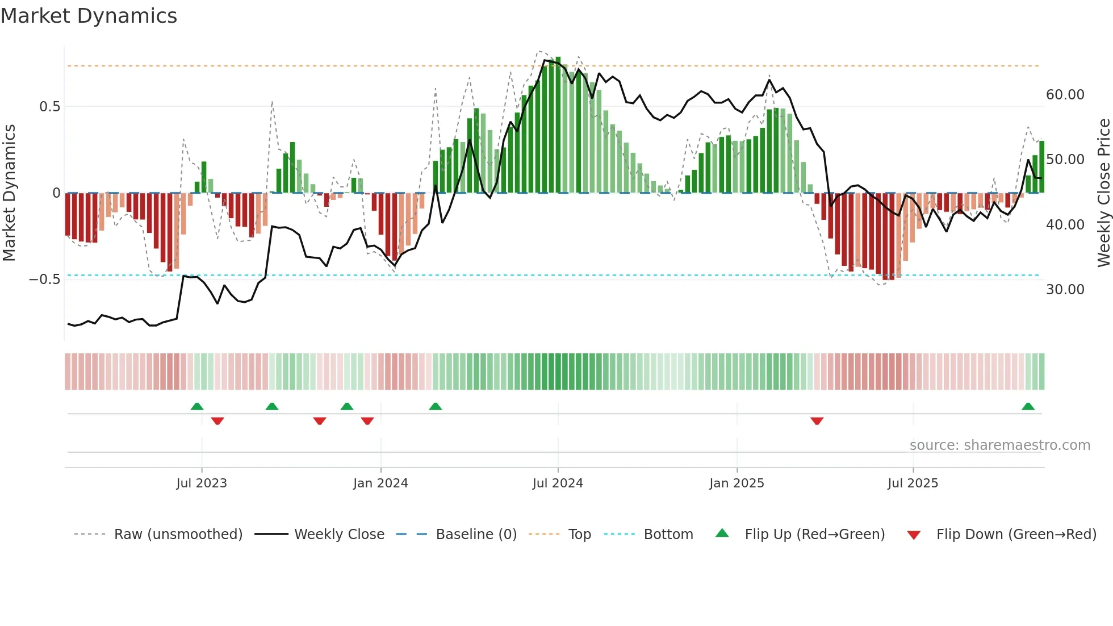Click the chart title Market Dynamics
tap(89, 16)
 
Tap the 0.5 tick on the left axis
tap(49, 107)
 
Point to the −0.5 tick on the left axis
tap(44, 279)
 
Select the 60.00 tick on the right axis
tap(1065, 95)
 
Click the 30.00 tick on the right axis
tap(1065, 290)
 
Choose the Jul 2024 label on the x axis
tap(558, 483)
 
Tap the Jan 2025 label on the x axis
tap(737, 483)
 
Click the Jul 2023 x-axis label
tap(202, 483)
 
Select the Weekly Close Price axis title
tap(1103, 193)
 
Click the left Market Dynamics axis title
tap(9, 193)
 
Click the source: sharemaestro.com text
tap(999, 445)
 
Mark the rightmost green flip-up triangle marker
tap(1028, 407)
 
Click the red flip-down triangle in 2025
tap(817, 421)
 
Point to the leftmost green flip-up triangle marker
tap(197, 407)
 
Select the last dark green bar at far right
tap(1042, 167)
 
